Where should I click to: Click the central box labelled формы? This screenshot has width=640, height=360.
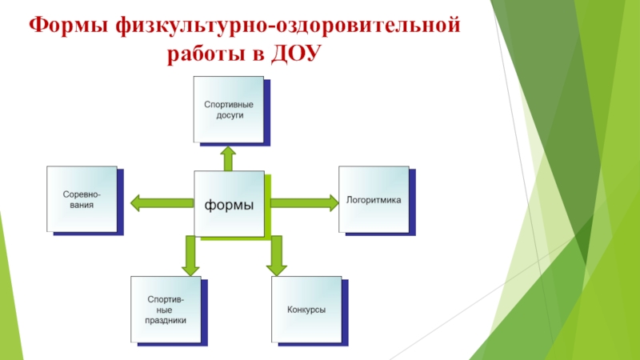coord(229,204)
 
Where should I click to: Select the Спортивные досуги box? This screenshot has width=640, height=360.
coord(229,110)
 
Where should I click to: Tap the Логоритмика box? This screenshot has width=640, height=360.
coord(373,198)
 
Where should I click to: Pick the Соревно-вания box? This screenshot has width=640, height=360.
coord(82,198)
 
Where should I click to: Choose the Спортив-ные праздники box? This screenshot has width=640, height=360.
coord(166,310)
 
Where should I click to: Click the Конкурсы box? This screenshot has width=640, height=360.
coord(306,310)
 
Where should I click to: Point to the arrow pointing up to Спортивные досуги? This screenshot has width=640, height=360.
coord(229,158)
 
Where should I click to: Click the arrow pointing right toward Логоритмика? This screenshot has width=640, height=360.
coord(304,202)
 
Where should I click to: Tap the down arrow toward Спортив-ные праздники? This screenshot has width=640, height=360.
coord(190,256)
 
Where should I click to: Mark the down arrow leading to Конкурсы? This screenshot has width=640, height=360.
coord(277,256)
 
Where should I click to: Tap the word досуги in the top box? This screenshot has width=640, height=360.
coord(229,115)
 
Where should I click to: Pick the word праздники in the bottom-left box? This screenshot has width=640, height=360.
coord(166,320)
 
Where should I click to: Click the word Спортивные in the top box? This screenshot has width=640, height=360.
coord(229,104)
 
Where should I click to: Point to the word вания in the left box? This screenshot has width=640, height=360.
coord(82,205)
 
